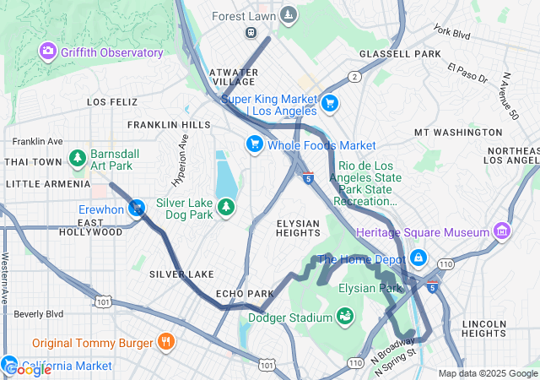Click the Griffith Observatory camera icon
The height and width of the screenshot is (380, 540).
(48, 52)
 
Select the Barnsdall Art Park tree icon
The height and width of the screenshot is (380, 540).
(78, 158)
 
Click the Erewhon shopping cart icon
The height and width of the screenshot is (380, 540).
(136, 208)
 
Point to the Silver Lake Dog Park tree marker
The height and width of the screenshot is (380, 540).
(226, 208)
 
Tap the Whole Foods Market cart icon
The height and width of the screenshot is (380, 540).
(253, 145)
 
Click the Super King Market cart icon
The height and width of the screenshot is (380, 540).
(329, 104)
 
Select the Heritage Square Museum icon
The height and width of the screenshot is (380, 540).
(502, 231)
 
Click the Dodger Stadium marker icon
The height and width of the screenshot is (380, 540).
(344, 318)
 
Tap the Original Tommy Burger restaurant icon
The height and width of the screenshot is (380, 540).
(165, 343)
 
